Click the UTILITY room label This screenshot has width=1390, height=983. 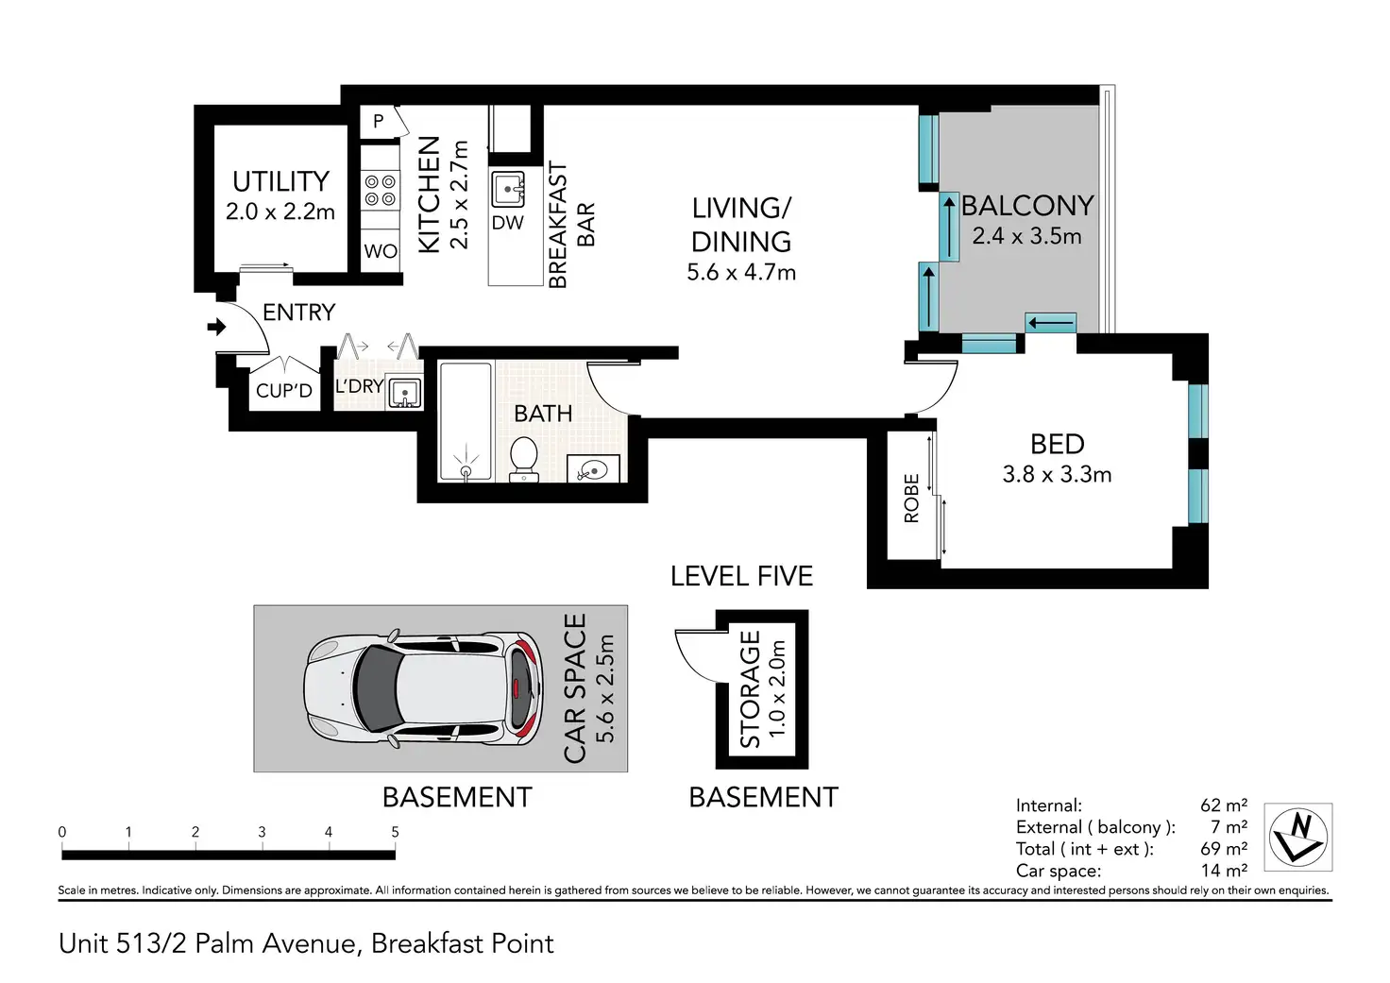tap(280, 182)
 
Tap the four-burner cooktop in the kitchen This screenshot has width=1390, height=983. tap(381, 191)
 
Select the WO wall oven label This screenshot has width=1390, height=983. tap(381, 251)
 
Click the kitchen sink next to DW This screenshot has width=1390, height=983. tap(508, 189)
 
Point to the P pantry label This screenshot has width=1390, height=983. tap(379, 121)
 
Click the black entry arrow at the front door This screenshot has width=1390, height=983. tap(216, 327)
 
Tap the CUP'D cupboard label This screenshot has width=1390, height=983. tap(284, 391)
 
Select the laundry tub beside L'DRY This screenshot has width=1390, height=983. tap(404, 391)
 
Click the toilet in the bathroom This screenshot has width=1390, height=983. tap(524, 459)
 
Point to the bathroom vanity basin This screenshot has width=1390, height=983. tap(593, 469)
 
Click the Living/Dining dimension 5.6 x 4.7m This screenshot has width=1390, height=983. tap(741, 273)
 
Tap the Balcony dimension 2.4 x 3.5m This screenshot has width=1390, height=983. tap(1026, 236)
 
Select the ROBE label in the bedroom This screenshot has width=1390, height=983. tap(911, 499)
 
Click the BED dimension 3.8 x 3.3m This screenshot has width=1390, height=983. tap(1057, 475)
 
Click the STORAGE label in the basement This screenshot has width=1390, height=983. tap(750, 689)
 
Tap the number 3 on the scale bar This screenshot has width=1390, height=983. tap(262, 832)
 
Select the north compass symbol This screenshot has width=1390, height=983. tap(1298, 838)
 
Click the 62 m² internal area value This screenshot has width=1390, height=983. tap(1224, 805)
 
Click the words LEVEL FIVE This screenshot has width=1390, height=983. tap(741, 577)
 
